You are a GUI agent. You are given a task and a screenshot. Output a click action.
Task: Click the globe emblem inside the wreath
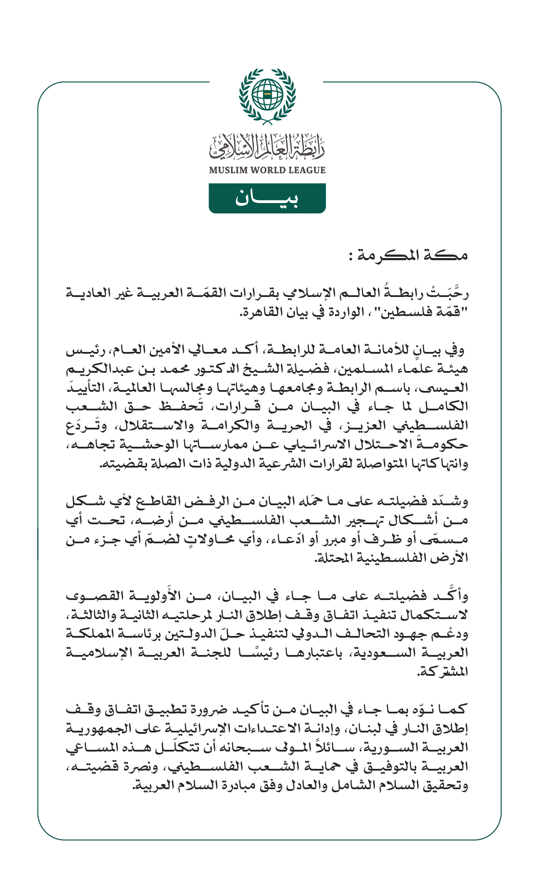(x=267, y=94)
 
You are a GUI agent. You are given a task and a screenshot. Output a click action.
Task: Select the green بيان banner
(x=267, y=198)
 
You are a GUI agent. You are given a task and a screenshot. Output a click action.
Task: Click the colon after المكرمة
(x=351, y=257)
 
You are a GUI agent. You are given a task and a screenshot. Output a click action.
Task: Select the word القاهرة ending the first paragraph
(x=257, y=312)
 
